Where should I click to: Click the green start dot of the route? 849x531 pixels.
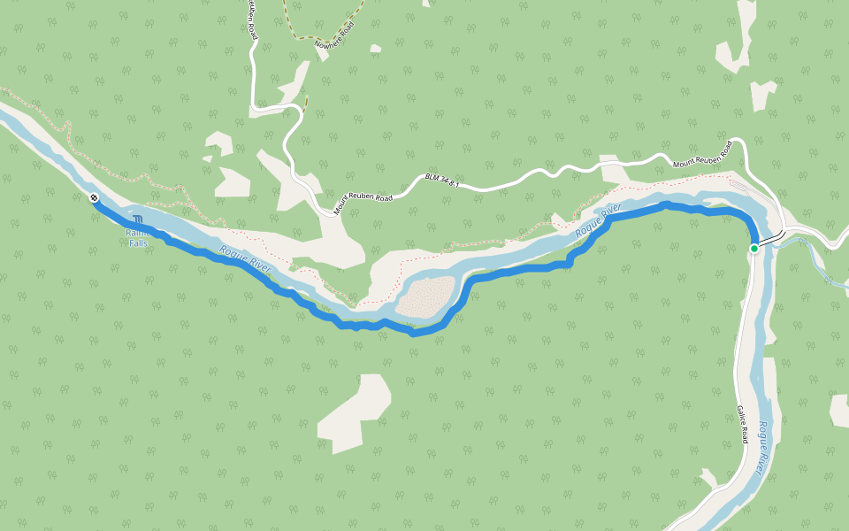(x=754, y=249)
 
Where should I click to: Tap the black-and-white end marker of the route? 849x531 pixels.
(x=93, y=197)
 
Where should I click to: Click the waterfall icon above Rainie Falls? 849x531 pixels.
(x=138, y=219)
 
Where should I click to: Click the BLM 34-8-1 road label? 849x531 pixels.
(x=443, y=180)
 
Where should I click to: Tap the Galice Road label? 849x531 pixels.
(x=743, y=425)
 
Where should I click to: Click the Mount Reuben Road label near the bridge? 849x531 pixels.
(x=702, y=154)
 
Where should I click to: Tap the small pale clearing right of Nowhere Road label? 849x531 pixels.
(x=376, y=48)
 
